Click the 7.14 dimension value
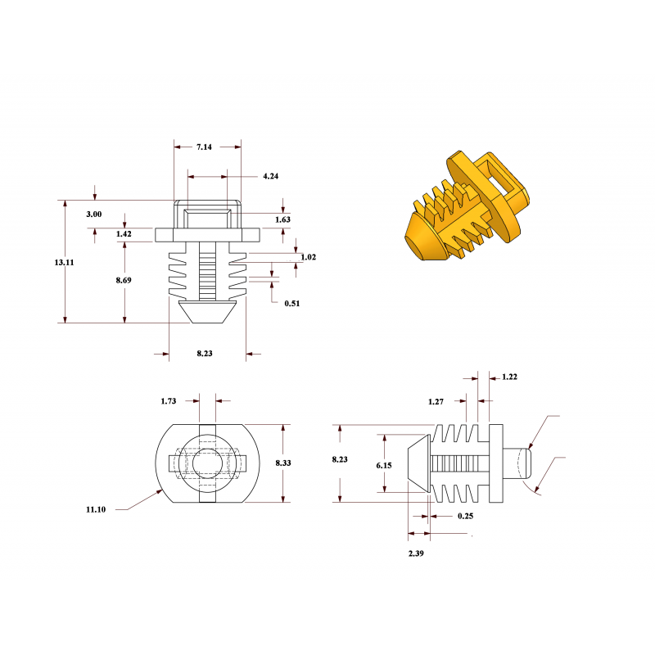pyautogui.click(x=204, y=147)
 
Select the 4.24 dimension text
pyautogui.click(x=271, y=177)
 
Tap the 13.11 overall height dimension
pyautogui.click(x=64, y=262)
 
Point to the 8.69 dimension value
pyautogui.click(x=124, y=280)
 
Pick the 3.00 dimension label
pyautogui.click(x=94, y=214)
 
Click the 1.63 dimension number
pyautogui.click(x=282, y=219)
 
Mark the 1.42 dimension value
pyautogui.click(x=124, y=234)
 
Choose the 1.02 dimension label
pyautogui.click(x=308, y=257)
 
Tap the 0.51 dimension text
pyautogui.click(x=291, y=304)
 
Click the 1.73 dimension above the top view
pyautogui.click(x=168, y=401)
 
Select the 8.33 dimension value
pyautogui.click(x=283, y=463)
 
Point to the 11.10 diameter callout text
pyautogui.click(x=96, y=509)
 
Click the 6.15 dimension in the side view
pyautogui.click(x=384, y=465)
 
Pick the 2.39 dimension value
pyautogui.click(x=417, y=553)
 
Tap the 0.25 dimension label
pyautogui.click(x=466, y=516)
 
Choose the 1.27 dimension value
pyautogui.click(x=437, y=402)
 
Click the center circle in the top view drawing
pyautogui.click(x=201, y=463)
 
